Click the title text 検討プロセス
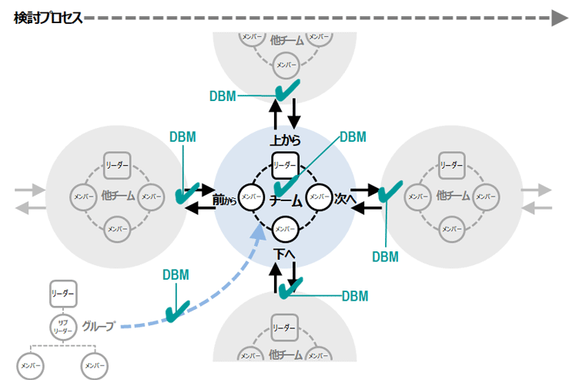coord(48,18)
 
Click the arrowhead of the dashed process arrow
coord(560,18)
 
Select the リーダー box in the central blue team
coord(285,165)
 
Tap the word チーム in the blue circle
coord(285,200)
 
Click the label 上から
coord(285,141)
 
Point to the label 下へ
coord(284,252)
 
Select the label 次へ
coord(344,199)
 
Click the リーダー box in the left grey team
coord(117,165)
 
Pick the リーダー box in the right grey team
coord(451,165)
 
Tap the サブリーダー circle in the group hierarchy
coord(62,327)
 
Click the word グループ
coord(99,326)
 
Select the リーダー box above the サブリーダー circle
coord(62,294)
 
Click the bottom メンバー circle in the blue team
coord(284,227)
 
